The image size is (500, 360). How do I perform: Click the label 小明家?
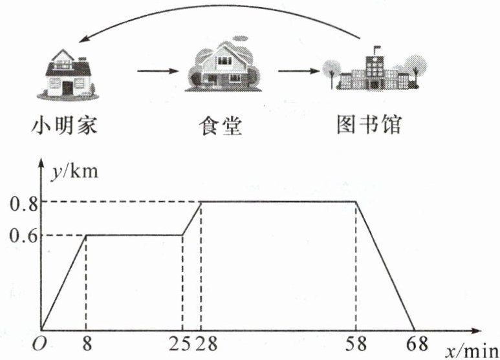(x=65, y=125)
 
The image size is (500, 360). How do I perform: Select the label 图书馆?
(x=369, y=125)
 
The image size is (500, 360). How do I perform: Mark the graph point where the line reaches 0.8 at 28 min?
(x=201, y=202)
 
